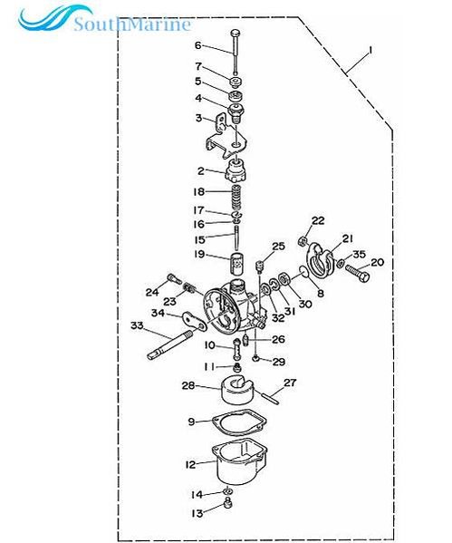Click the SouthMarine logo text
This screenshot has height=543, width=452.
[132, 24]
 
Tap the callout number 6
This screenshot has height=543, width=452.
[198, 45]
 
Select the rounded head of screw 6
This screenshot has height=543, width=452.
[236, 33]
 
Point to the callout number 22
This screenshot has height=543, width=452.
[318, 220]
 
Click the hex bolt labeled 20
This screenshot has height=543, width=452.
[357, 273]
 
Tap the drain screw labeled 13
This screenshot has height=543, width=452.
[227, 503]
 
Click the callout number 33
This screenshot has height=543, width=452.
[137, 325]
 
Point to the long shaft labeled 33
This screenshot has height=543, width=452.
[168, 344]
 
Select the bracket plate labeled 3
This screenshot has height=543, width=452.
[226, 137]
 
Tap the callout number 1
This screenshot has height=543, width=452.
[370, 51]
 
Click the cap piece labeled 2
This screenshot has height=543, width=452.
[236, 170]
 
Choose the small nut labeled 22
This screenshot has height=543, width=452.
[303, 241]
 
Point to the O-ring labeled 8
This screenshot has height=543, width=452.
[303, 272]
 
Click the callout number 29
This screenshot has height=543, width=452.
[279, 362]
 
